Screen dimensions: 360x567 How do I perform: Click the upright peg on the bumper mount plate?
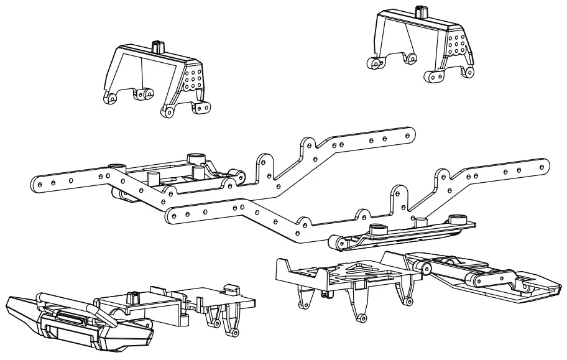pos(131,297)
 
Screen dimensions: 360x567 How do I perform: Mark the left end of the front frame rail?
pos(170,217)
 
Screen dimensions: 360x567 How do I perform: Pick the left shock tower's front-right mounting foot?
pos(167,112)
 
